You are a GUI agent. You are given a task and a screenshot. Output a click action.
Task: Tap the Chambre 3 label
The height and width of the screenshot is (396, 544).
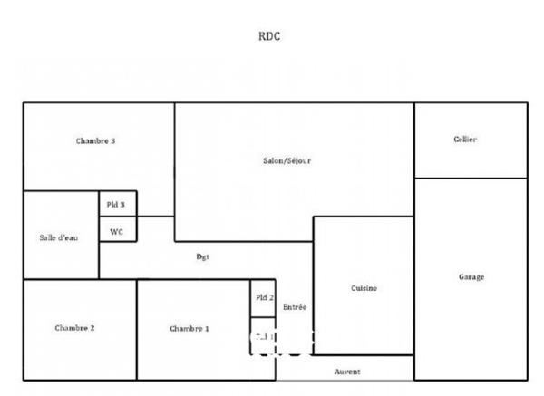point(95,141)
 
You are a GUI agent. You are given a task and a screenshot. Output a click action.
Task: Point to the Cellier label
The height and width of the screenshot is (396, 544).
point(465,139)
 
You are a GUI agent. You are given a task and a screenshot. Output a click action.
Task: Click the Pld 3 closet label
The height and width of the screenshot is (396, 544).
point(116,205)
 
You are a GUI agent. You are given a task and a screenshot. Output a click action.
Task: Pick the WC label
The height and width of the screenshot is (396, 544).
point(116,231)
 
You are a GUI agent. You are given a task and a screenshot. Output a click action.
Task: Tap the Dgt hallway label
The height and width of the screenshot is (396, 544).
point(203,256)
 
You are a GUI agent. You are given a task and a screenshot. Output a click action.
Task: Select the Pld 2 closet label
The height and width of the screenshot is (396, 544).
point(264,297)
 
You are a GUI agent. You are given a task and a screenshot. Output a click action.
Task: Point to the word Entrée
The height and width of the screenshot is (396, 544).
point(295,307)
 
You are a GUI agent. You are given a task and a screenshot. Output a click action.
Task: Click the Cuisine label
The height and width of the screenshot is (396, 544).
point(364,288)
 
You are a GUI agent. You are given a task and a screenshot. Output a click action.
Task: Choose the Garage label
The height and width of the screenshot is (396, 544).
point(471,276)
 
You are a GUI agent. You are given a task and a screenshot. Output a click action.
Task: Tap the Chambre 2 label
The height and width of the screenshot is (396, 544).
point(74,328)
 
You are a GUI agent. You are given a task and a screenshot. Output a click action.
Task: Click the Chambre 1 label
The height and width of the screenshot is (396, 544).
point(189,328)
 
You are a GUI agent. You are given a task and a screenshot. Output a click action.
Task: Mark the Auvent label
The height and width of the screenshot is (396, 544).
point(347,372)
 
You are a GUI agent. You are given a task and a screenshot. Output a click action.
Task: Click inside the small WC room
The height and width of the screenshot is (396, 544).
point(116,237)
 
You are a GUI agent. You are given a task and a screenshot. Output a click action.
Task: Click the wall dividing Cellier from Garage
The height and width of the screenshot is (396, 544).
point(471,179)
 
